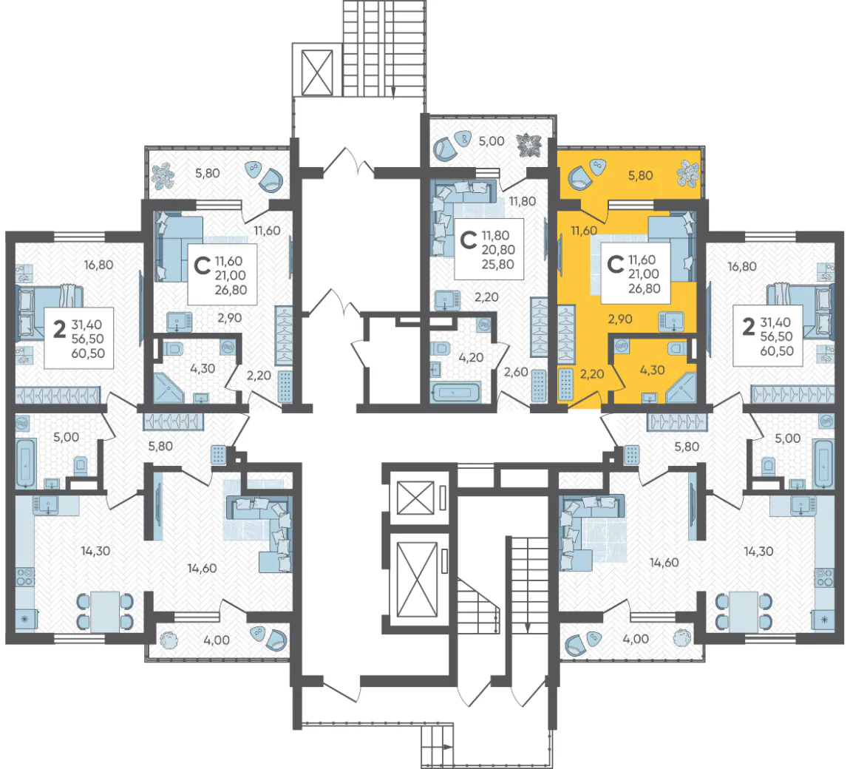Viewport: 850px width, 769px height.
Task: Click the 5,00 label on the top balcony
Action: [491, 141]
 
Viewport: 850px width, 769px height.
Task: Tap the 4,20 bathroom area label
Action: [471, 357]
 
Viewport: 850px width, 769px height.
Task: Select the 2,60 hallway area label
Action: [515, 372]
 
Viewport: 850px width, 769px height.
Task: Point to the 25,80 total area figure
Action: [498, 265]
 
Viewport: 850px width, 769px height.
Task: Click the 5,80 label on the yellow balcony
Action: [640, 176]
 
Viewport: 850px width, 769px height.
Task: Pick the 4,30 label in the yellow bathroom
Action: [652, 370]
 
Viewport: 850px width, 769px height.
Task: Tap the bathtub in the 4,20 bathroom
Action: [455, 392]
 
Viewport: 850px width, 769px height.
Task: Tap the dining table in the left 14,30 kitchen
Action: [105, 612]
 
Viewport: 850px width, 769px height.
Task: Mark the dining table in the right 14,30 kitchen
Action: [744, 612]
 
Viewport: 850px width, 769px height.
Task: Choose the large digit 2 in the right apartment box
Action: [748, 327]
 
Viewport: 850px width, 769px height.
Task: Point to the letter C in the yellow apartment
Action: [615, 265]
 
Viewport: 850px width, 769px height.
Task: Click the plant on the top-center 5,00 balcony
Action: [528, 146]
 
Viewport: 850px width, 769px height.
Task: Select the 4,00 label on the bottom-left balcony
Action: [217, 640]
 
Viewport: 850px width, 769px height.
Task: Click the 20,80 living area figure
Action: [498, 250]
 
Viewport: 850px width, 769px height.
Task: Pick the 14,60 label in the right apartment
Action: [664, 563]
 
